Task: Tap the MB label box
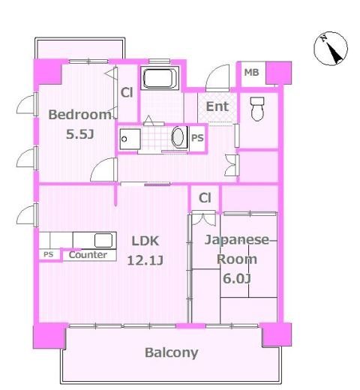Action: [251, 73]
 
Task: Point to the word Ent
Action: [217, 106]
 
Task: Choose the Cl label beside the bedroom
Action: [127, 93]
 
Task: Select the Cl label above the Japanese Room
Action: [204, 198]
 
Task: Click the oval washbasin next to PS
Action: [178, 138]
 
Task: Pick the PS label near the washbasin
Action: [197, 139]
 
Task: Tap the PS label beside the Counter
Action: [48, 255]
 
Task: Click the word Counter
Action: [88, 255]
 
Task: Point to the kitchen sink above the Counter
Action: [103, 240]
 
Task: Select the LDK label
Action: [147, 241]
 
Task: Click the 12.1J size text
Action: [147, 261]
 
